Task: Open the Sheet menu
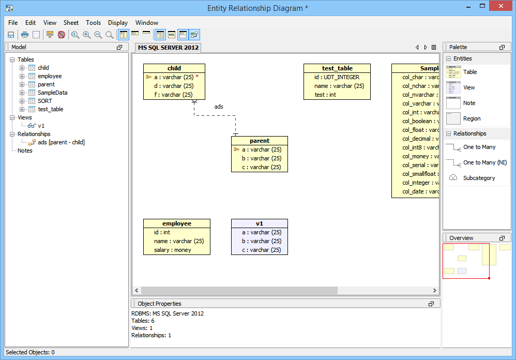click(x=71, y=23)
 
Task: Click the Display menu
click(x=118, y=23)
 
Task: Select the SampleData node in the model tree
click(x=52, y=93)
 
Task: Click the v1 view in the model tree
click(x=41, y=126)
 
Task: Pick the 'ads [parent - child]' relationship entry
click(x=61, y=142)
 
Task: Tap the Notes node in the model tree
click(x=25, y=151)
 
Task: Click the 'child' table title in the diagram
click(x=174, y=68)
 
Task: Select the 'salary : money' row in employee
click(x=173, y=250)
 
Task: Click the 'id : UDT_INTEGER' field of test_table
click(x=337, y=77)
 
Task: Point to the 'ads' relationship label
click(x=219, y=107)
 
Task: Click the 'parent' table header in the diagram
click(x=259, y=141)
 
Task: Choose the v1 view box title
click(x=259, y=223)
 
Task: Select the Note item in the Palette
click(x=469, y=103)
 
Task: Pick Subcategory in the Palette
click(x=479, y=178)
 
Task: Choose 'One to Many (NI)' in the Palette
click(x=485, y=162)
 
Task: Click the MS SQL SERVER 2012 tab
click(x=168, y=48)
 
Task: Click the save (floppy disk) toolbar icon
click(x=10, y=35)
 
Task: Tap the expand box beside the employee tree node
click(x=22, y=76)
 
